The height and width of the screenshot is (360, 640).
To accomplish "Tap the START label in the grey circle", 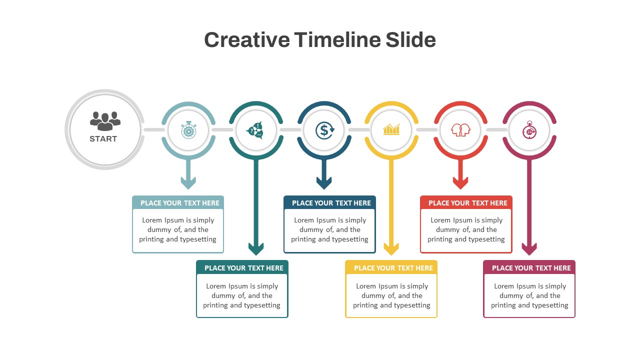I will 103,139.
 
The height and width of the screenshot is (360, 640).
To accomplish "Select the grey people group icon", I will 105,120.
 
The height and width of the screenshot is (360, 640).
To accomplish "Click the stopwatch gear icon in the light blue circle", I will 188,130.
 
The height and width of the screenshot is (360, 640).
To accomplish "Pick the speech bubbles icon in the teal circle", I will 255,130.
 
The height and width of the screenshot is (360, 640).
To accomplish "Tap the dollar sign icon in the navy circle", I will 324,130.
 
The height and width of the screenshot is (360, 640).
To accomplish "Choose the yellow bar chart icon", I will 391,130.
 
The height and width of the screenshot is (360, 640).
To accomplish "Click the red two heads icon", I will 460,130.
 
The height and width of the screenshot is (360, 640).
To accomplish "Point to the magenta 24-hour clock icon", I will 529,130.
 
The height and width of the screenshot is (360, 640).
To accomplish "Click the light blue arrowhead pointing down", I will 188,183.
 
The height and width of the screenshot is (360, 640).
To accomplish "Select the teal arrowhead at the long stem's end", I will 256,248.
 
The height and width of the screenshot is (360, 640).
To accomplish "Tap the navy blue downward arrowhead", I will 324,183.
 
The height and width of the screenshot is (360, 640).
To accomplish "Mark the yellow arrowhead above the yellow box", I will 391,248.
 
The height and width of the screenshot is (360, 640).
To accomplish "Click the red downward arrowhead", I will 460,183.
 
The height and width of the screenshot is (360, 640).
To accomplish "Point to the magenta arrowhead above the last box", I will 529,248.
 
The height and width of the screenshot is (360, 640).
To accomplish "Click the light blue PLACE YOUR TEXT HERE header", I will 180,203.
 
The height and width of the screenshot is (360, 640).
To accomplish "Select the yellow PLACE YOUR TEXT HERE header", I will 393,268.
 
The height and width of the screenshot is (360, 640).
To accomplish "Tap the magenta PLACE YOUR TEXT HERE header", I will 531,268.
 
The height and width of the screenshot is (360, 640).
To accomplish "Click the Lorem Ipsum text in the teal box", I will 242,295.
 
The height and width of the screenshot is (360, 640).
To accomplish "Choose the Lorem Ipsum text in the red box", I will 466,229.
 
